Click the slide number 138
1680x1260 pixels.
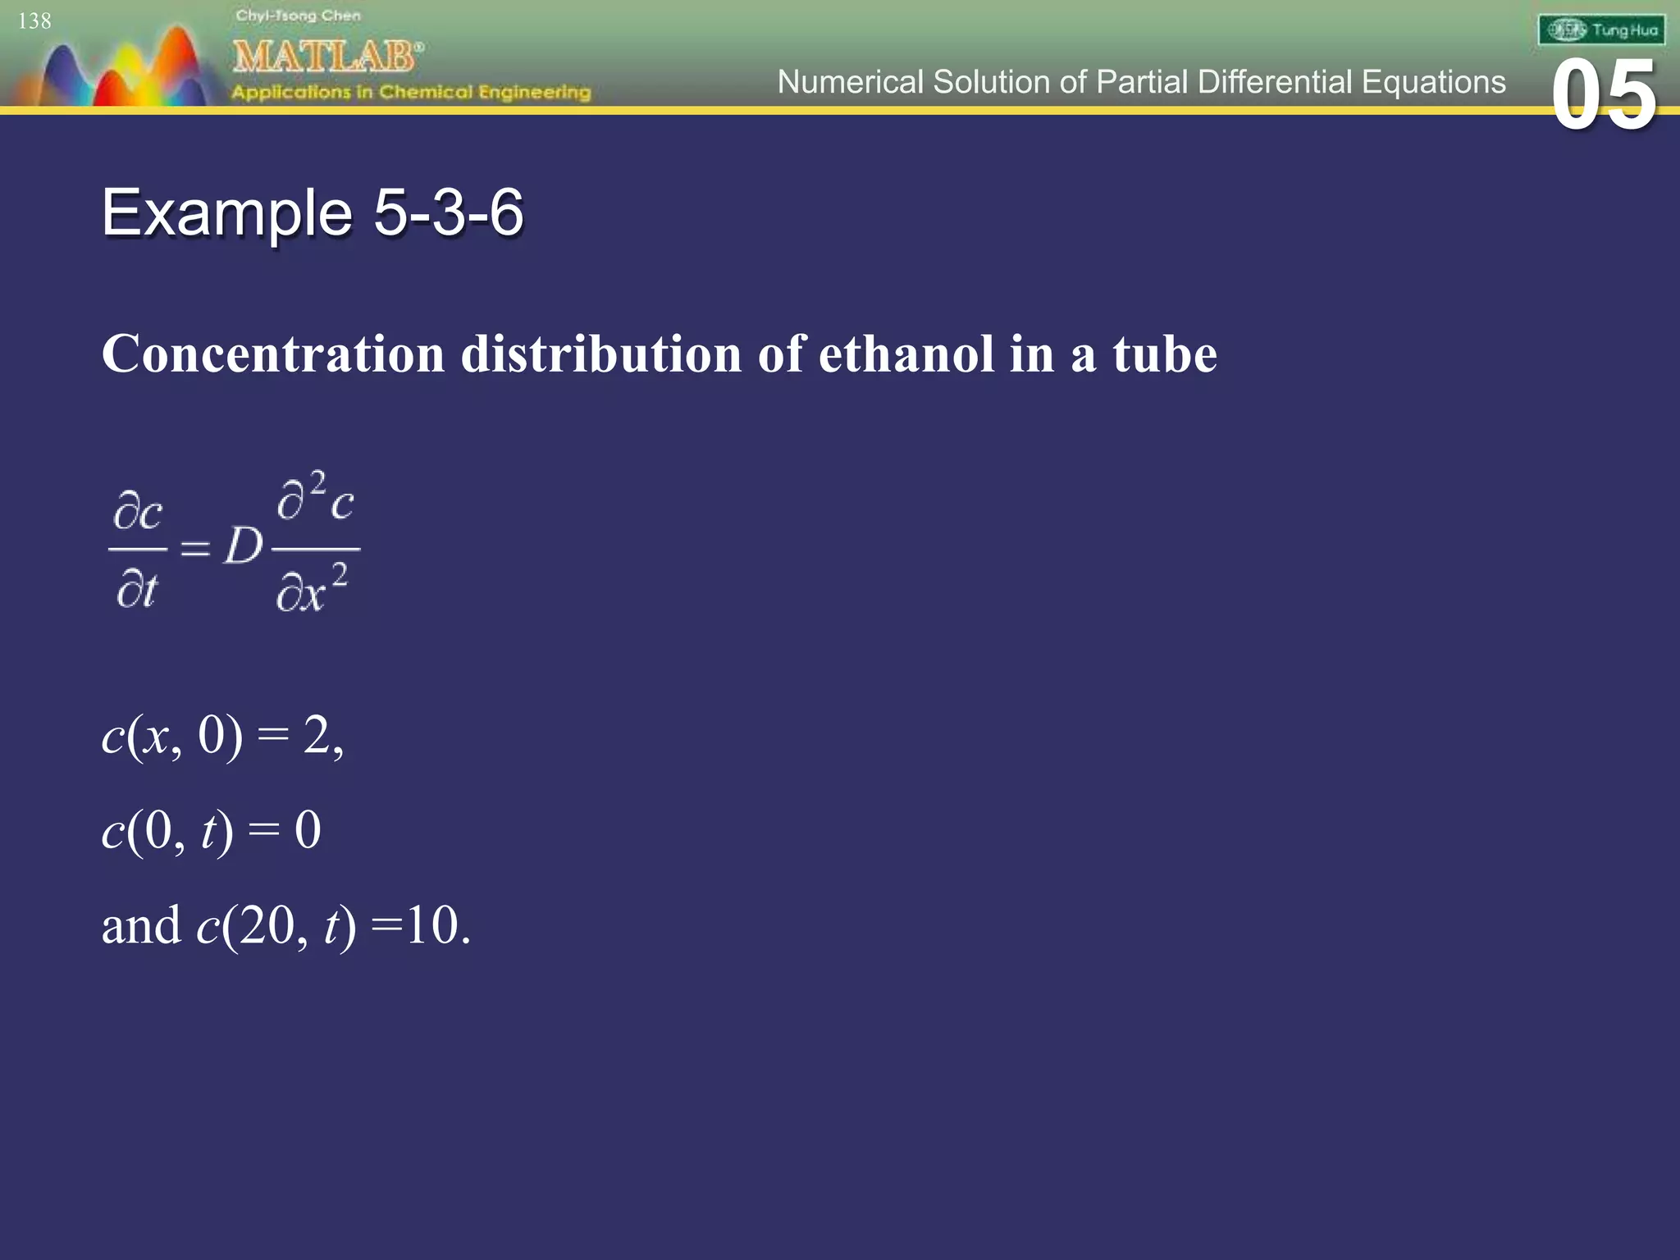(34, 21)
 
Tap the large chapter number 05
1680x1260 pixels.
(1604, 96)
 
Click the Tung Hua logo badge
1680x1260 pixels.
(1601, 30)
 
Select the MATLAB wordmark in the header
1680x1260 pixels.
(326, 57)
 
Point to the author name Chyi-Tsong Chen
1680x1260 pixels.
(298, 16)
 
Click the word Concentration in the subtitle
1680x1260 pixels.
(273, 354)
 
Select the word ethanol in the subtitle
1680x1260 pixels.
(906, 354)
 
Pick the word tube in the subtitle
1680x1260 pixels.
(1165, 354)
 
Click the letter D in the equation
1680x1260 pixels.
(244, 546)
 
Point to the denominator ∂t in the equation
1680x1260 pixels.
(137, 589)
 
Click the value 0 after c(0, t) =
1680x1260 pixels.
(308, 829)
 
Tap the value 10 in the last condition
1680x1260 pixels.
(431, 925)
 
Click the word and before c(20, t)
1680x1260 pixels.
(141, 925)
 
